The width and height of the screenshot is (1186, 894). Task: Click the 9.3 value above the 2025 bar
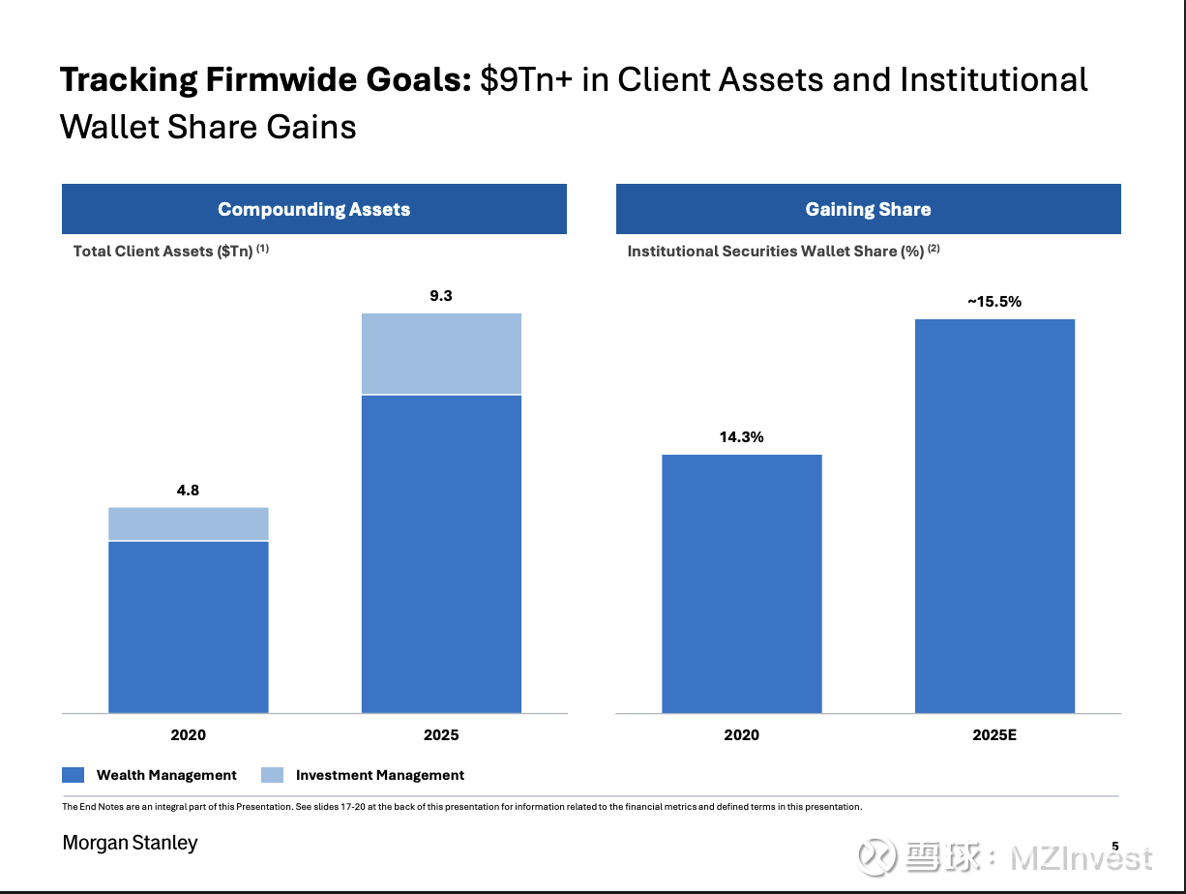tap(441, 296)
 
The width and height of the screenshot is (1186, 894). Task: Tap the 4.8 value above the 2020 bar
tap(188, 491)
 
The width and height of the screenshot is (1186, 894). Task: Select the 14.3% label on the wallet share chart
tap(741, 437)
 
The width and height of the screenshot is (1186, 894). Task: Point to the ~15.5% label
tap(994, 302)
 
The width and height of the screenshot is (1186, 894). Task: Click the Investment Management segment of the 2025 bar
tap(441, 353)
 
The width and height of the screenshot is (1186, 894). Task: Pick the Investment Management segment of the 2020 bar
tap(188, 523)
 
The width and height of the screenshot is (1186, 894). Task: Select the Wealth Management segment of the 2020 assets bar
tap(188, 627)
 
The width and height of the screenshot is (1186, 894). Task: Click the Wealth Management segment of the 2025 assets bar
tap(441, 553)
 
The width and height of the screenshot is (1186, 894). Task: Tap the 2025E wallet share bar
tap(994, 516)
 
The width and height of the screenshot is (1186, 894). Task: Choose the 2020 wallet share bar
tap(741, 583)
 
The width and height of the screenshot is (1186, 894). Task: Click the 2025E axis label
tap(994, 735)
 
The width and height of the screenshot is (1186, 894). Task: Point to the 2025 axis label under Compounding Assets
tap(441, 735)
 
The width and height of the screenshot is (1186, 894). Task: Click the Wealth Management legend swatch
tap(74, 775)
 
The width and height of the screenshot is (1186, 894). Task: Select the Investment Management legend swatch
tap(273, 775)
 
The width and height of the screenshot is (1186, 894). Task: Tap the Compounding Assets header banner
tap(313, 209)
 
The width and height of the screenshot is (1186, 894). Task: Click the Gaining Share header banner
tap(868, 209)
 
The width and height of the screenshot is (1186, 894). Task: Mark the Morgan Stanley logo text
tap(130, 843)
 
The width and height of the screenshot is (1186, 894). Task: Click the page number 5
tap(1114, 847)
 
